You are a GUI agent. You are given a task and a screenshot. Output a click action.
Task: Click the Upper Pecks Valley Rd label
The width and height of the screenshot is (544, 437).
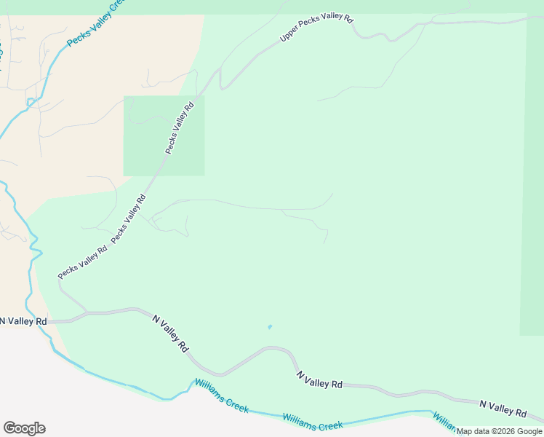click(x=316, y=27)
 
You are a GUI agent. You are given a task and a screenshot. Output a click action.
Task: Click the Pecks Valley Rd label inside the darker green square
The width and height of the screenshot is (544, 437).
click(x=180, y=127)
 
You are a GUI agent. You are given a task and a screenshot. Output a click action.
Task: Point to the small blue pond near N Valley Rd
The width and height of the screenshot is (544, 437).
click(x=270, y=326)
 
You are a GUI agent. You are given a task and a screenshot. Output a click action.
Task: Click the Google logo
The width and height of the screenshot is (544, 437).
click(x=24, y=428)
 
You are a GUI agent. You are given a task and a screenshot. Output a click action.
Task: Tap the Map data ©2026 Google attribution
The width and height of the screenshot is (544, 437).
click(x=500, y=431)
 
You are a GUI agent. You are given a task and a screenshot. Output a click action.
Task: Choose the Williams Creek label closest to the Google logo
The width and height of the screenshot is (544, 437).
click(x=221, y=395)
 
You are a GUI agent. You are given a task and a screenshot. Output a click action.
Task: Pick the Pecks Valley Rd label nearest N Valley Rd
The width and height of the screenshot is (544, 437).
click(x=82, y=261)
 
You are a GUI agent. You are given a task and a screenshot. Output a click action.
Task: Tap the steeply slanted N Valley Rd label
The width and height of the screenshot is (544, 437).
click(x=170, y=333)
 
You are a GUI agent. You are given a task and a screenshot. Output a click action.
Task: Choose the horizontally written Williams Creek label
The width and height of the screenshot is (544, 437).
click(x=313, y=422)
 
